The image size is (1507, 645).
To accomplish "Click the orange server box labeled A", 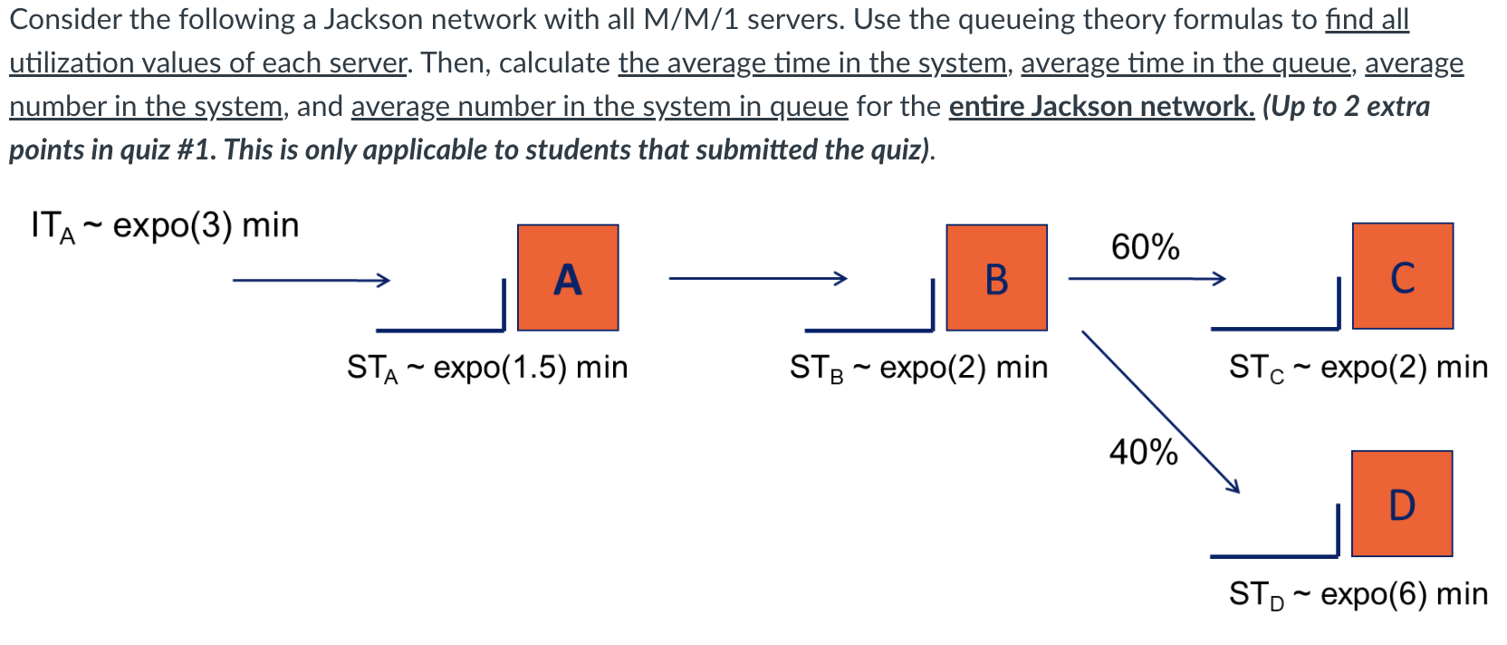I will tap(568, 277).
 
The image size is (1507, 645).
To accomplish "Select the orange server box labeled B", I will tap(996, 277).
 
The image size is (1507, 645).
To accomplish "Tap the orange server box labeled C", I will tap(1402, 275).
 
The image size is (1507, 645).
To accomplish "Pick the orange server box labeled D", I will tap(1401, 504).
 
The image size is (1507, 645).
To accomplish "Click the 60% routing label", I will tap(1145, 246).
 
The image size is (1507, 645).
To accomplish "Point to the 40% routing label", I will tap(1143, 451).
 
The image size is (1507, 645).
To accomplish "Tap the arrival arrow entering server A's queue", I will tap(311, 280).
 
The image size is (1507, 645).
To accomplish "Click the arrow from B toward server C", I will tap(1146, 278).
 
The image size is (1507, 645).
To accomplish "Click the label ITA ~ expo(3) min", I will tap(165, 225).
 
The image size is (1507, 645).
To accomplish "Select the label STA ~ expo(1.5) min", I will tap(487, 367).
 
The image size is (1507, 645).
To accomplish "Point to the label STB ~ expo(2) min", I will tap(918, 367).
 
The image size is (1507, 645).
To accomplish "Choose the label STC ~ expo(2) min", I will tap(1358, 367).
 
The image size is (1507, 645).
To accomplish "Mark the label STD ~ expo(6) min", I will tap(1358, 593).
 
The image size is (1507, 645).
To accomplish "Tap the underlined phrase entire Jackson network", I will tap(1101, 106).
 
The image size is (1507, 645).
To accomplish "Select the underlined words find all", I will tap(1367, 19).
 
